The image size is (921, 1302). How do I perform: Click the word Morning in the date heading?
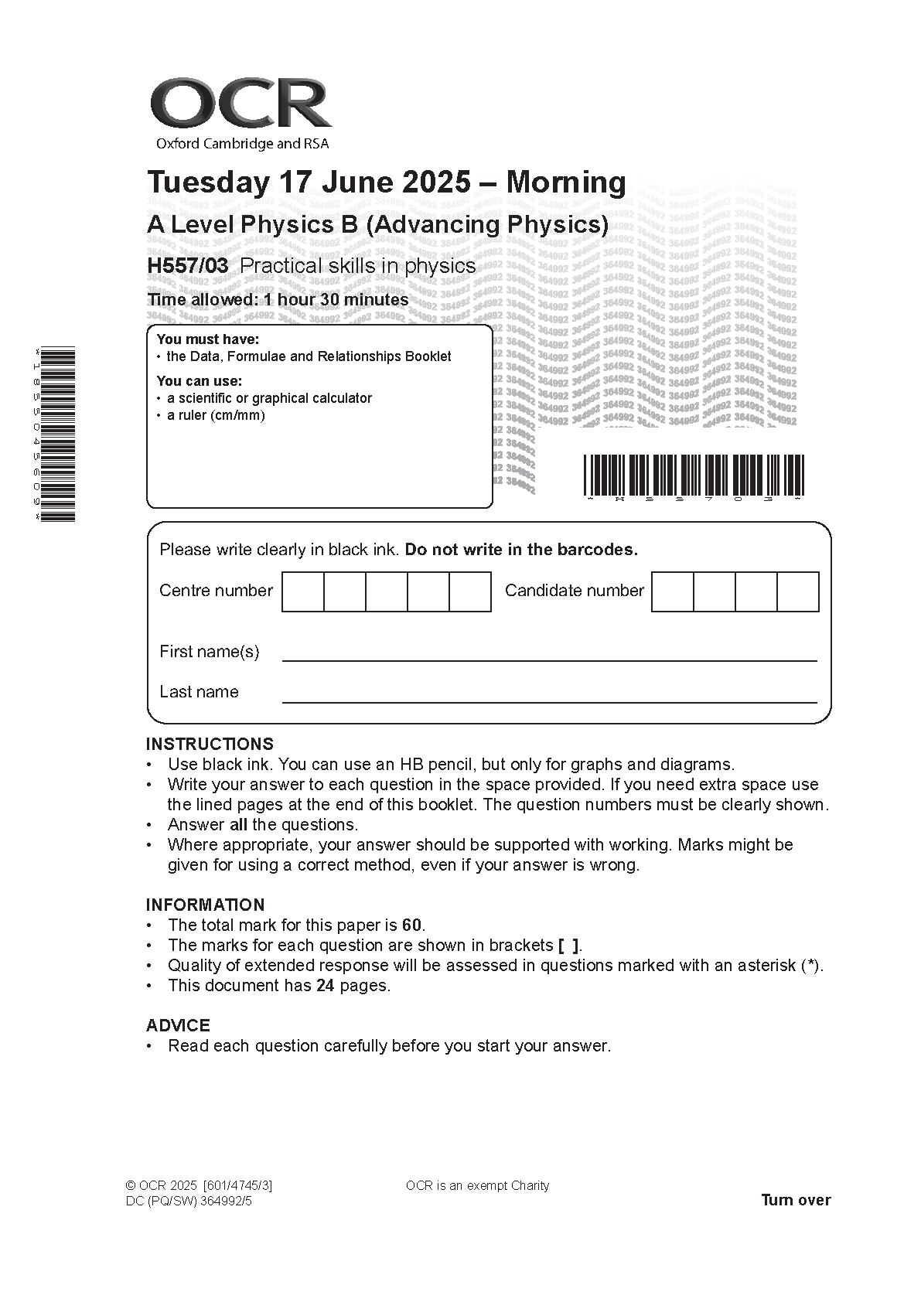point(565,182)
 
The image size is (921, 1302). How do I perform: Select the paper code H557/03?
point(188,266)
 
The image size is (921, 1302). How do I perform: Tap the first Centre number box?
point(302,591)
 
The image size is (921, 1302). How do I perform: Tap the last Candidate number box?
point(797,591)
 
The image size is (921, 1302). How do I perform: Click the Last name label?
point(199,692)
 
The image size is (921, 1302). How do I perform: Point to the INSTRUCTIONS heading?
point(210,744)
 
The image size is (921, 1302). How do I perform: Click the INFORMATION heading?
point(205,905)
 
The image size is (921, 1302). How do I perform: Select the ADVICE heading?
point(178,1025)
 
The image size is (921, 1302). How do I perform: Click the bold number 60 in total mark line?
point(412,925)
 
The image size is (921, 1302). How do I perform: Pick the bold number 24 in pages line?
point(325,986)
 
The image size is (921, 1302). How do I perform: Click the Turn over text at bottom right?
point(796,1200)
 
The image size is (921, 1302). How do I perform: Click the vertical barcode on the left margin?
point(58,435)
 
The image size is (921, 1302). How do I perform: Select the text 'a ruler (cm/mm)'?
point(216,415)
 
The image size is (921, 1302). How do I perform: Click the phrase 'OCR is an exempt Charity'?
point(477,1186)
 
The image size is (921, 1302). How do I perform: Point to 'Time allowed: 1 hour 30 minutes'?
point(278,300)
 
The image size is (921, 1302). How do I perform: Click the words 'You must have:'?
point(207,339)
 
